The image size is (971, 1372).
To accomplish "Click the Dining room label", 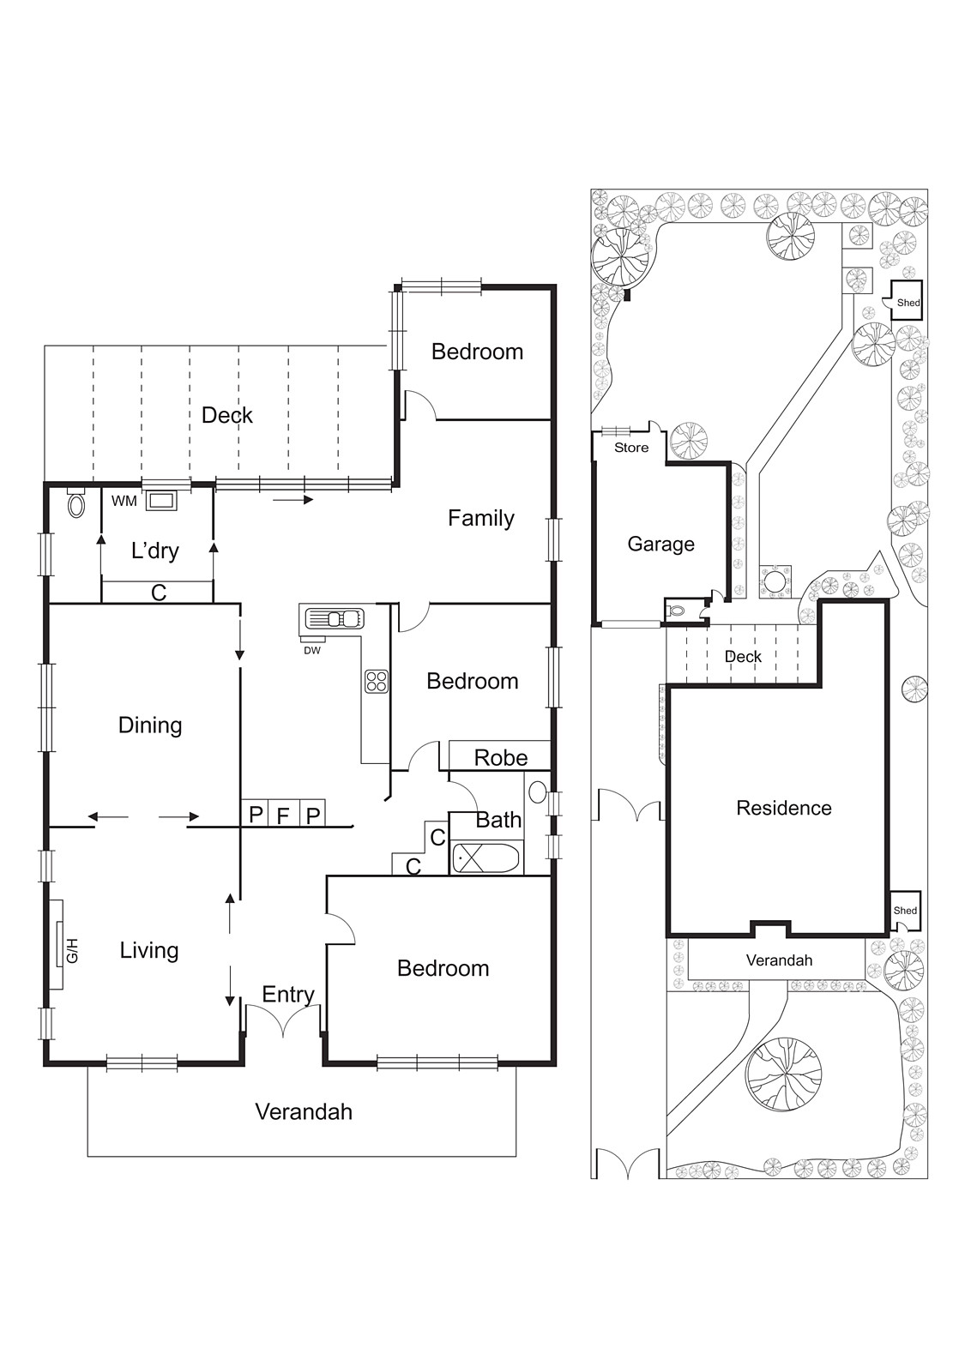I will [150, 725].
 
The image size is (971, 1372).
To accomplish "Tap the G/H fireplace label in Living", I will [72, 950].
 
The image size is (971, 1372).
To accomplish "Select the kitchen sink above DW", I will [333, 618].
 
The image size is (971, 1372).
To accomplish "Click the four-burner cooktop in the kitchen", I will [377, 682].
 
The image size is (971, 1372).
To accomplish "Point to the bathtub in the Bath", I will [485, 857].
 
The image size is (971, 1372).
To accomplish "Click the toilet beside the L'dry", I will [76, 504].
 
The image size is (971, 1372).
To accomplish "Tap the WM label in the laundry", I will [124, 501].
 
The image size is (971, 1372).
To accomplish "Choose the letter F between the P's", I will [283, 815].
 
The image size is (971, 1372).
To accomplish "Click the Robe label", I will [500, 758].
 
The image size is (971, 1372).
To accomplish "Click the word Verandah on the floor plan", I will [304, 1112].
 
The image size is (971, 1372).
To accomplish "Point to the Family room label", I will [480, 518].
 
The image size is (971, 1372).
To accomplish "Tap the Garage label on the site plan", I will [660, 544].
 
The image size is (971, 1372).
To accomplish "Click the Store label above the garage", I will [631, 448].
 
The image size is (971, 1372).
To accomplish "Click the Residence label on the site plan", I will [783, 808].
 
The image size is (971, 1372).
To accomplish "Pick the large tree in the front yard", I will [783, 1074].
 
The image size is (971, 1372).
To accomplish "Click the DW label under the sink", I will [312, 651].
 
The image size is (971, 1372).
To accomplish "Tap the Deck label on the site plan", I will [743, 657].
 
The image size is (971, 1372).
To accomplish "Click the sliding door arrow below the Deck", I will [293, 498].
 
